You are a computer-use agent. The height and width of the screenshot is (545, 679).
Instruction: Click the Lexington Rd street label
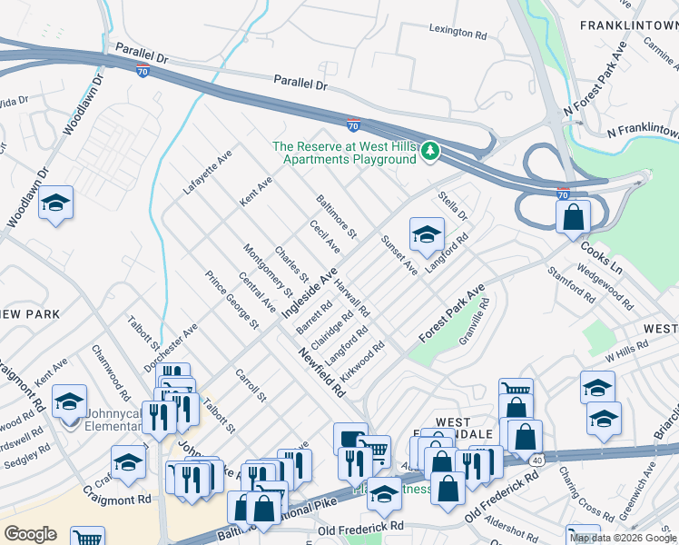click(x=458, y=32)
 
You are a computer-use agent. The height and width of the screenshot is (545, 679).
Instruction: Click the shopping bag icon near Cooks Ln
click(x=574, y=218)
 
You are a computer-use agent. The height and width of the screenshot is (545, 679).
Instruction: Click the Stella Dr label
click(x=452, y=204)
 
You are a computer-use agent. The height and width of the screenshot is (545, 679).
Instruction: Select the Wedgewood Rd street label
click(x=604, y=281)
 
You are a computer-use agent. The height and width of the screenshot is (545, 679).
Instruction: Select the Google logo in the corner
click(x=29, y=534)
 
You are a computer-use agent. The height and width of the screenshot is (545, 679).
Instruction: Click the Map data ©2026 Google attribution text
click(x=623, y=538)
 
